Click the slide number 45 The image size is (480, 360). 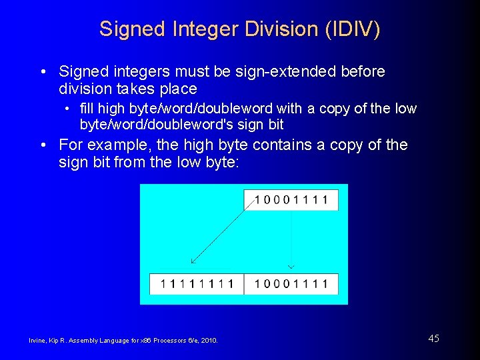[x=434, y=339]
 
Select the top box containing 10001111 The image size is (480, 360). [x=291, y=200]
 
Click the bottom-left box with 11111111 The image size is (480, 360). [x=197, y=284]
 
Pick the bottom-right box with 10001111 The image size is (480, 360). [x=291, y=284]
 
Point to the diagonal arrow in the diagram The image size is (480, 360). [x=221, y=233]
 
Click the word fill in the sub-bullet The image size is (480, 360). [x=87, y=108]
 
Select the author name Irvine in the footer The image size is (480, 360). [x=37, y=341]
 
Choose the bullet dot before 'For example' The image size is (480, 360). [x=42, y=145]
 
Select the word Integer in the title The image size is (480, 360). [x=197, y=29]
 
